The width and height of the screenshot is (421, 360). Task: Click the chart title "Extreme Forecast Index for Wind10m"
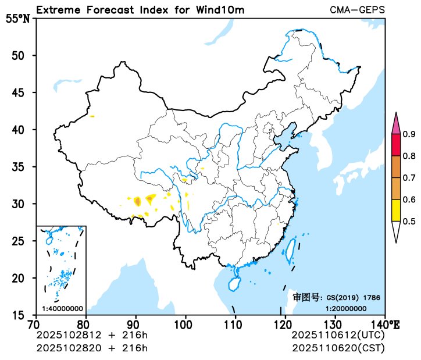click(x=140, y=10)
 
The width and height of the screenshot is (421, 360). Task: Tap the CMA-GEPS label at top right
click(x=357, y=10)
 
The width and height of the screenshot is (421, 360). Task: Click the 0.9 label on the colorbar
click(x=409, y=134)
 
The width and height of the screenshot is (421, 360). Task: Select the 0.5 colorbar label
click(x=409, y=221)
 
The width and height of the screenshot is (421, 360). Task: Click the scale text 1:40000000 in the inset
click(x=62, y=308)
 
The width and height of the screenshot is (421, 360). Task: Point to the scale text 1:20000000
click(x=345, y=308)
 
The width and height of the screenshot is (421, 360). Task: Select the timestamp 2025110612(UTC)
click(x=338, y=336)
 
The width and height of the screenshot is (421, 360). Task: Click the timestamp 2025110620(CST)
click(x=338, y=348)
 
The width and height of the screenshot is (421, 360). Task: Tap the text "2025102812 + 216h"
click(x=92, y=336)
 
